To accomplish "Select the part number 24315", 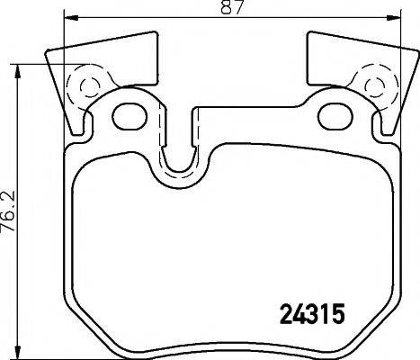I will coord(308,316).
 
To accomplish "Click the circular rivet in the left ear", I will coord(87,86).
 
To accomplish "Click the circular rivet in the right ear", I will coord(374,86).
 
